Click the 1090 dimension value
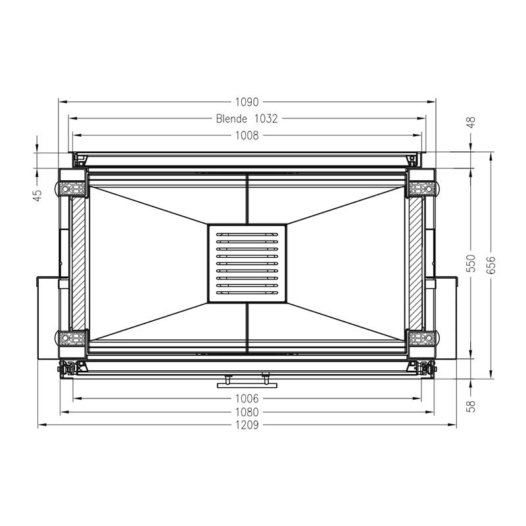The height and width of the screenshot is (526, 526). (x=247, y=102)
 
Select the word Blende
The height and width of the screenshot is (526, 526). (x=231, y=119)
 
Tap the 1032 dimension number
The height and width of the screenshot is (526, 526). (x=266, y=119)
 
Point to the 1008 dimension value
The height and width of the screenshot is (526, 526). (x=247, y=135)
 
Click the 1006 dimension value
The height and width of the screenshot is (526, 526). (x=247, y=398)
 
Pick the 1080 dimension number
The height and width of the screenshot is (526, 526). (x=247, y=412)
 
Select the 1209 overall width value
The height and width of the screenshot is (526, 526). (x=247, y=425)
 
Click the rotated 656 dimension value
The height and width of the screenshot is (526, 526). (x=490, y=265)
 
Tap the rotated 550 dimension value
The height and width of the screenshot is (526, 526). (x=471, y=264)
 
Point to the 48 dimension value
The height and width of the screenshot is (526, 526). (x=471, y=122)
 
